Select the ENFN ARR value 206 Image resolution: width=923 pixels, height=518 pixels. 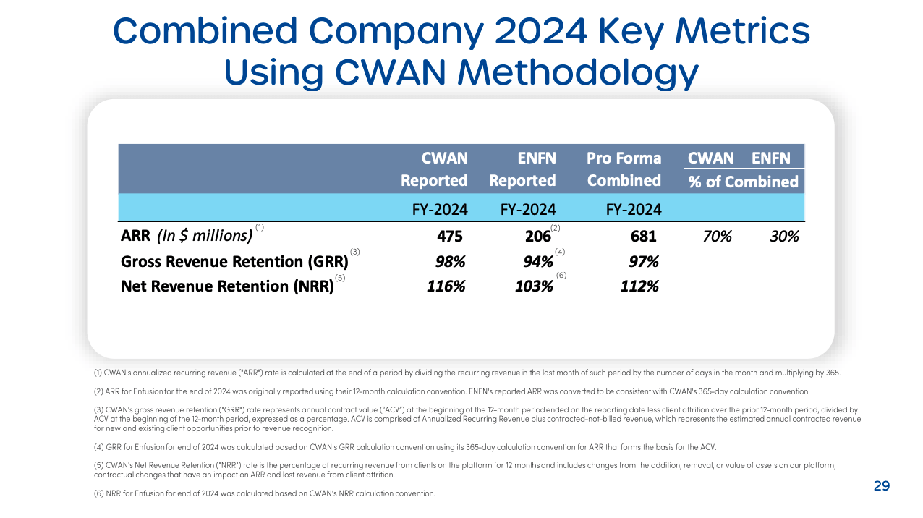[x=537, y=236]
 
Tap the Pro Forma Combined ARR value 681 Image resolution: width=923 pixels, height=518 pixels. [x=642, y=236]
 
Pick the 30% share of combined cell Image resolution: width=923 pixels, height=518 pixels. [x=784, y=236]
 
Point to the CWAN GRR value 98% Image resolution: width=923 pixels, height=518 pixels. [x=446, y=261]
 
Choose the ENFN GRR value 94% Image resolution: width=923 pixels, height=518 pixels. [x=537, y=261]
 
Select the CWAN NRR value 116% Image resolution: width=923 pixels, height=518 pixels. [x=446, y=286]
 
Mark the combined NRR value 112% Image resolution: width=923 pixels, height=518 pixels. [x=639, y=286]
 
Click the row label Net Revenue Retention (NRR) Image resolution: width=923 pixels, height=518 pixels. [x=227, y=286]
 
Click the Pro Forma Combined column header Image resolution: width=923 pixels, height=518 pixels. [x=624, y=169]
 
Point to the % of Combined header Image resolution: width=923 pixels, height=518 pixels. [x=743, y=182]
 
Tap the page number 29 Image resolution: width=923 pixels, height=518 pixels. [x=881, y=486]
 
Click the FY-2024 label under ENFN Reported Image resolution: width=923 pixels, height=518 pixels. [x=527, y=210]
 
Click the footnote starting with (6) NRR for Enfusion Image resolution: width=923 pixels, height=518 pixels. [x=265, y=493]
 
